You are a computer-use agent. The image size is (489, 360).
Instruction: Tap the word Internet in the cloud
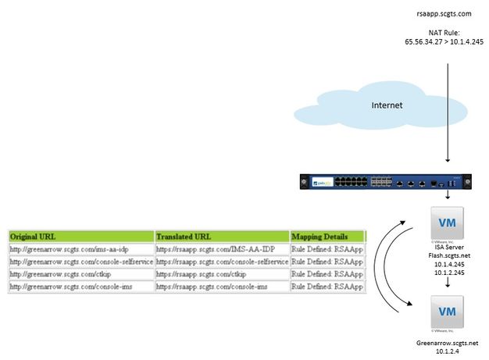(x=387, y=105)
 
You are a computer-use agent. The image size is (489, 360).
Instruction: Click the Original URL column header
(x=81, y=236)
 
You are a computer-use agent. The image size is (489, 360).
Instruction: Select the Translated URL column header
(x=221, y=236)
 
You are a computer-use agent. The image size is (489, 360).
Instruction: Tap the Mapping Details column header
(x=327, y=236)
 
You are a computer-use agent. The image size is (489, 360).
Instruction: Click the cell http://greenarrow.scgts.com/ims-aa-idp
(x=81, y=248)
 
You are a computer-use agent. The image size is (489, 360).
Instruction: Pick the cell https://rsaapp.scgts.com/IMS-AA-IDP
(x=221, y=248)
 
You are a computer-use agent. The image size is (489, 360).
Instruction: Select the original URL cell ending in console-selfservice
(x=81, y=262)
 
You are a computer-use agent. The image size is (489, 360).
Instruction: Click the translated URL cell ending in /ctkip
(x=221, y=274)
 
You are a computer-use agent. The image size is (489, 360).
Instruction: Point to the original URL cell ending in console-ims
(x=81, y=287)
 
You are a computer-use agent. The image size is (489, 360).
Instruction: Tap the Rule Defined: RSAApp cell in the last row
(x=327, y=287)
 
